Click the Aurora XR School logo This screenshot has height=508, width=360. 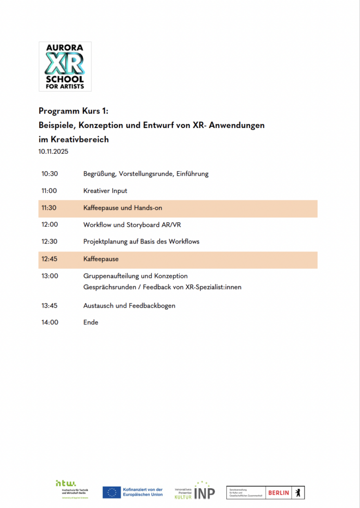pyautogui.click(x=65, y=66)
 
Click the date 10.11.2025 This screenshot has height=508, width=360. pyautogui.click(x=54, y=152)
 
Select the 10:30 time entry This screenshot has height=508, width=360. pyautogui.click(x=50, y=174)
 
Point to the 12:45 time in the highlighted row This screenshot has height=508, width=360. pyautogui.click(x=50, y=259)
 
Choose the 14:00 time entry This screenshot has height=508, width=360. pyautogui.click(x=50, y=322)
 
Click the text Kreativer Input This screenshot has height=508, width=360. pyautogui.click(x=105, y=191)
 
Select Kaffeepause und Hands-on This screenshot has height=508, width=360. pyautogui.click(x=120, y=208)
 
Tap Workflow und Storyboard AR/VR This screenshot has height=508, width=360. pyautogui.click(x=132, y=225)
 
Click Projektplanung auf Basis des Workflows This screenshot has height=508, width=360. pyautogui.click(x=141, y=242)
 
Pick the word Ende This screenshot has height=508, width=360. pyautogui.click(x=91, y=322)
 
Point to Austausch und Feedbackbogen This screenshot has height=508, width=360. pyautogui.click(x=129, y=306)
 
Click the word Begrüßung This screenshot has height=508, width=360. pyautogui.click(x=99, y=174)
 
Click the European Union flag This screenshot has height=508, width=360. pyautogui.click(x=111, y=492)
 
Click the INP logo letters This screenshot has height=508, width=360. pyautogui.click(x=204, y=493)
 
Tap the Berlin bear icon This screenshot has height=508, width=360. pyautogui.click(x=298, y=492)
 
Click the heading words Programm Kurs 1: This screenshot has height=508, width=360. pyautogui.click(x=77, y=111)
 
